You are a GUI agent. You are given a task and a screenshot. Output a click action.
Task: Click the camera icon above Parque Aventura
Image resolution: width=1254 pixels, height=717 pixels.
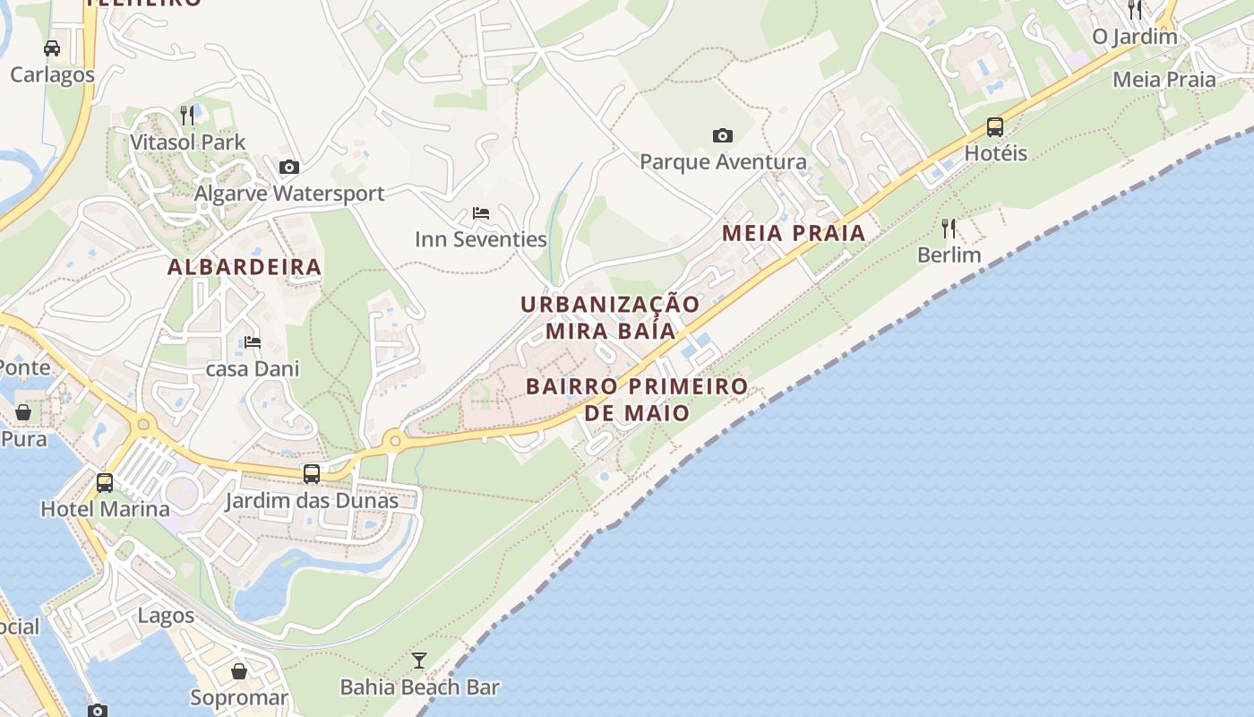point(723,136)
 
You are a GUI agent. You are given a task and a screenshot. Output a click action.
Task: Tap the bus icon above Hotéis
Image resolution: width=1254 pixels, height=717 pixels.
point(995,127)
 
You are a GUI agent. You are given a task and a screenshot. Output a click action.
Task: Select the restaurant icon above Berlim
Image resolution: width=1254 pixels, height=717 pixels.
point(949,229)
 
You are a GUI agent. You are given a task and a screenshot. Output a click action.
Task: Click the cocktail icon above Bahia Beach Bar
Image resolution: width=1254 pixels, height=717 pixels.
point(419,661)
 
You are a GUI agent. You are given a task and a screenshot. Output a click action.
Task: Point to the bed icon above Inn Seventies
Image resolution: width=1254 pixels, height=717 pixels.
point(481,213)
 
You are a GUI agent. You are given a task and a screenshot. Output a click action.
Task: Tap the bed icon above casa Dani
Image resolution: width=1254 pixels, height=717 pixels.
point(253,342)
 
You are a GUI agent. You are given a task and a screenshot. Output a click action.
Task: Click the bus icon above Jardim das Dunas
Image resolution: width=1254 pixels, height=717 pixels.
point(312,473)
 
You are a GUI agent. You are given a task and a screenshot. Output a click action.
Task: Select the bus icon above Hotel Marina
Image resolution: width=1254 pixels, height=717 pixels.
point(105,482)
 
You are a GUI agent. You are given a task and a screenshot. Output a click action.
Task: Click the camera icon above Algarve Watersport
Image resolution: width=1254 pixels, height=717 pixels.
point(289,167)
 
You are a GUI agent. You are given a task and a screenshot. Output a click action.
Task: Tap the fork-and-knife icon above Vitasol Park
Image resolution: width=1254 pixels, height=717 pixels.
point(187,115)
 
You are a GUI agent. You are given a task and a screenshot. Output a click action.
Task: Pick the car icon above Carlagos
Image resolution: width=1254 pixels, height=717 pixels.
point(52,48)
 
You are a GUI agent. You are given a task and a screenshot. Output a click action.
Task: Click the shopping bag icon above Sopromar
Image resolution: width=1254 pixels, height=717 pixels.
point(239,670)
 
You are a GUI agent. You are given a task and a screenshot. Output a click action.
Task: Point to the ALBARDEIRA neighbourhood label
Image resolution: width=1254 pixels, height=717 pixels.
point(245,267)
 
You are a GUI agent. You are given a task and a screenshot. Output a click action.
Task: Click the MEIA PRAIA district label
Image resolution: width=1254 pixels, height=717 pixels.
point(794,234)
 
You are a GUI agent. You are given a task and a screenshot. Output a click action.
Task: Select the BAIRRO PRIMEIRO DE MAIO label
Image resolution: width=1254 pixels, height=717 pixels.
point(637,400)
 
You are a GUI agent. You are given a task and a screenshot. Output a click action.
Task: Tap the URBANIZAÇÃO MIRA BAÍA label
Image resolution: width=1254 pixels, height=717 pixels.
point(610,317)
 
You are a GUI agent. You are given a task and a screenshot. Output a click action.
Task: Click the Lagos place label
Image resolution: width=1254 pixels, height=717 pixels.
point(166,616)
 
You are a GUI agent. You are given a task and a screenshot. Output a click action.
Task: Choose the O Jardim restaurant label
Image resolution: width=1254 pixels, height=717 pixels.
point(1135,37)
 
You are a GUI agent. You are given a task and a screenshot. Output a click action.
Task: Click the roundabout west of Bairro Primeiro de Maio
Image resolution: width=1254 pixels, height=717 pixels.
point(393,440)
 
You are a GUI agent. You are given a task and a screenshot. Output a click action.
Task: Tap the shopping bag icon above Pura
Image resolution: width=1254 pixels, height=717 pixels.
point(23,412)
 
